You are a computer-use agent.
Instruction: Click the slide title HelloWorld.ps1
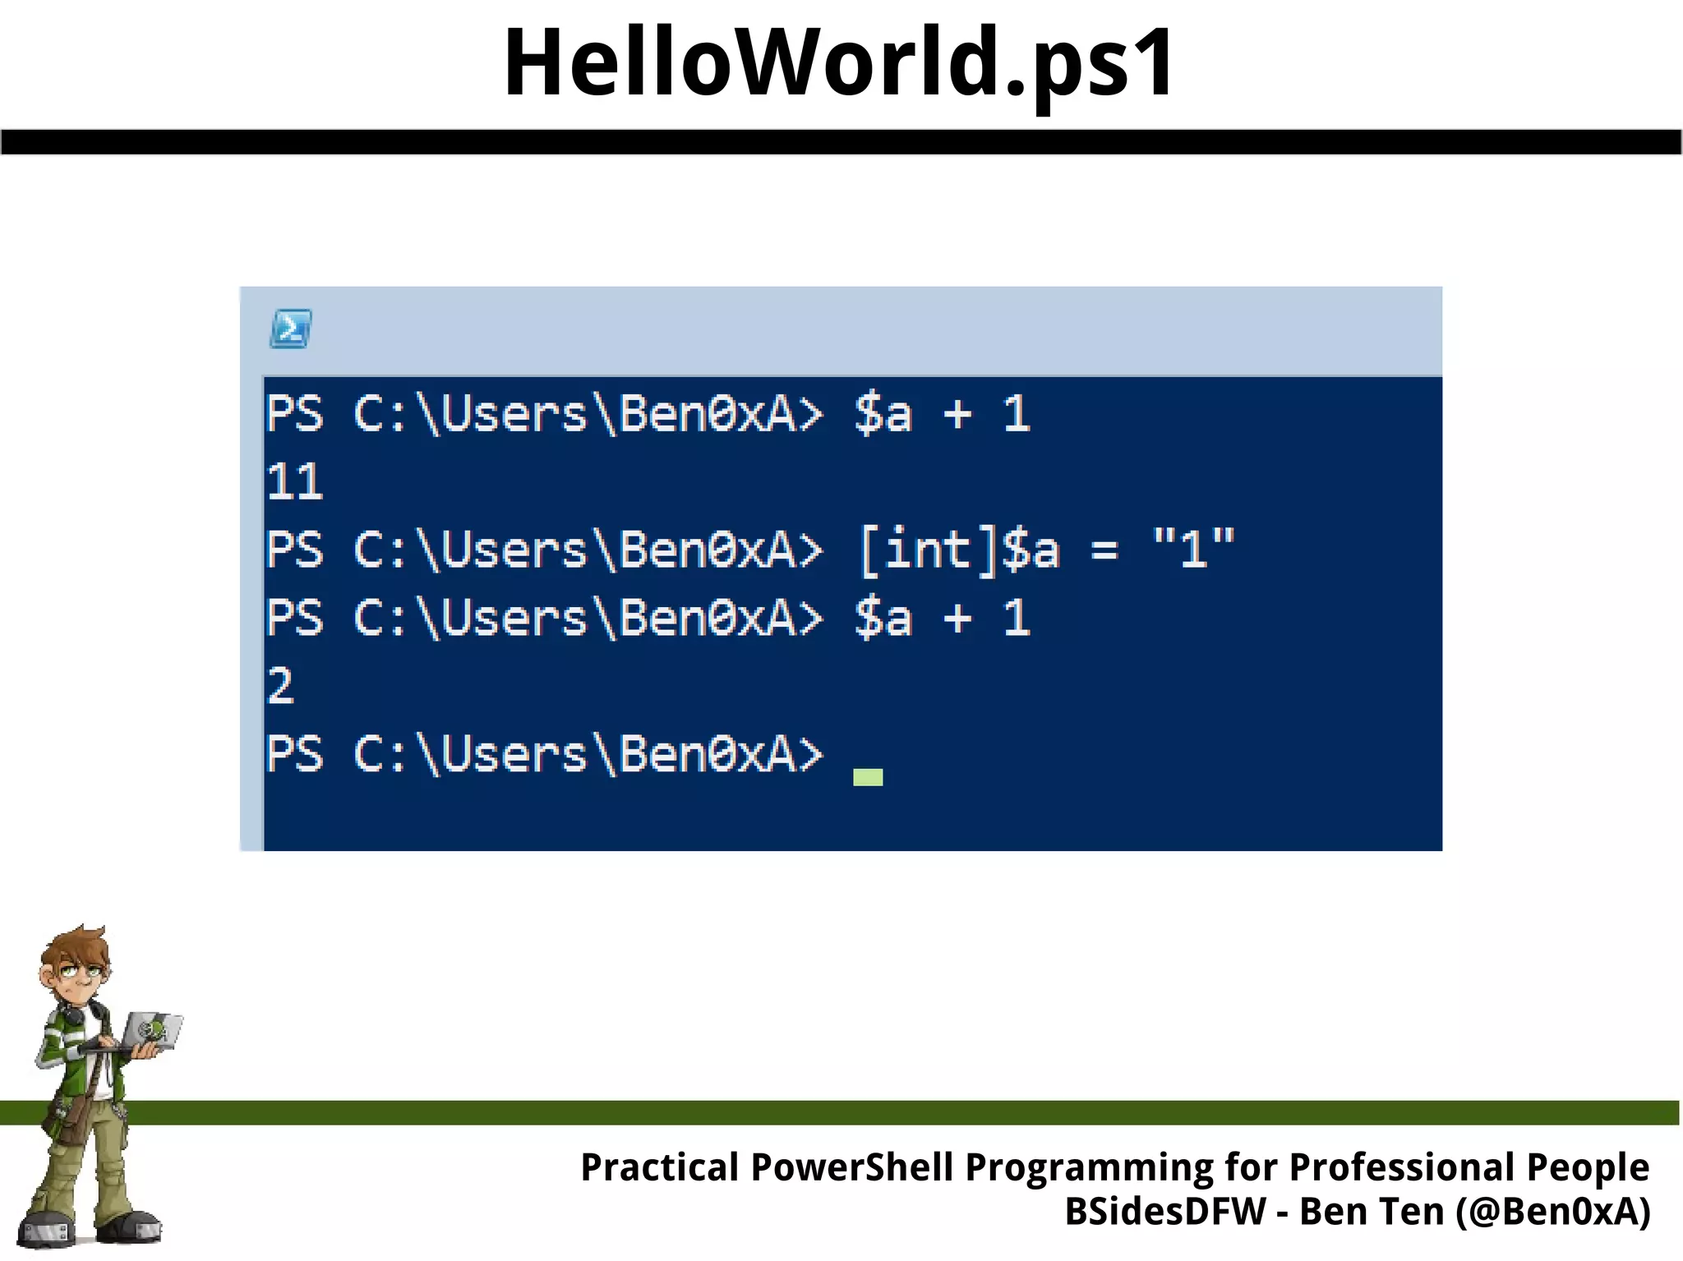(839, 63)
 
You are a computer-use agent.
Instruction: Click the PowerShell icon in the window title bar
(291, 329)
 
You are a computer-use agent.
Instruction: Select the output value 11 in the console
(295, 481)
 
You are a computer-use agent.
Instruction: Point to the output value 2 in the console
(280, 685)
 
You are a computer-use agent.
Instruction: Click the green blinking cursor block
(868, 777)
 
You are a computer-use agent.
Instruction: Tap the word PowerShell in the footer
(852, 1167)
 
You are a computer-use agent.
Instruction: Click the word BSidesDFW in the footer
(1165, 1212)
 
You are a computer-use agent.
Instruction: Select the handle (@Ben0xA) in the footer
(1552, 1212)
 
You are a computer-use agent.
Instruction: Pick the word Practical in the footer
(660, 1167)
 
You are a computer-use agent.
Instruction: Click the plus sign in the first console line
(957, 413)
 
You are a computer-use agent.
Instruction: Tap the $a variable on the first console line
(883, 413)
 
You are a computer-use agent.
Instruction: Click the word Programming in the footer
(1090, 1167)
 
